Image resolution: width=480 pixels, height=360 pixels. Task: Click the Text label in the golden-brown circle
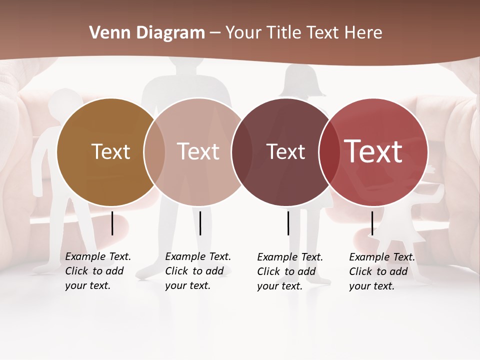point(110,151)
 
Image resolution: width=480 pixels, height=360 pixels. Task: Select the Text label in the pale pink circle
point(198,151)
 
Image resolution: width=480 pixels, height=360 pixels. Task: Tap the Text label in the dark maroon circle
point(285,151)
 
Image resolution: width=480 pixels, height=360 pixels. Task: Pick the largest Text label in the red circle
point(373,151)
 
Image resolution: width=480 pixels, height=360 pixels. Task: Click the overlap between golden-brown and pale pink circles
point(154,152)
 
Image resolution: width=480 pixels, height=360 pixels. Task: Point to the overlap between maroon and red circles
point(328,152)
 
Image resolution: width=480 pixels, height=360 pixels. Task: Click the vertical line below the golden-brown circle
point(112,223)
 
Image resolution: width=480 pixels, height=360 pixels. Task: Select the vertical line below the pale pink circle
point(200,223)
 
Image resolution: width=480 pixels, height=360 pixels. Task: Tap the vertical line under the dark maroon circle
point(288,223)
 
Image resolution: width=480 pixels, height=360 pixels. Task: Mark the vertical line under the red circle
point(372,223)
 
